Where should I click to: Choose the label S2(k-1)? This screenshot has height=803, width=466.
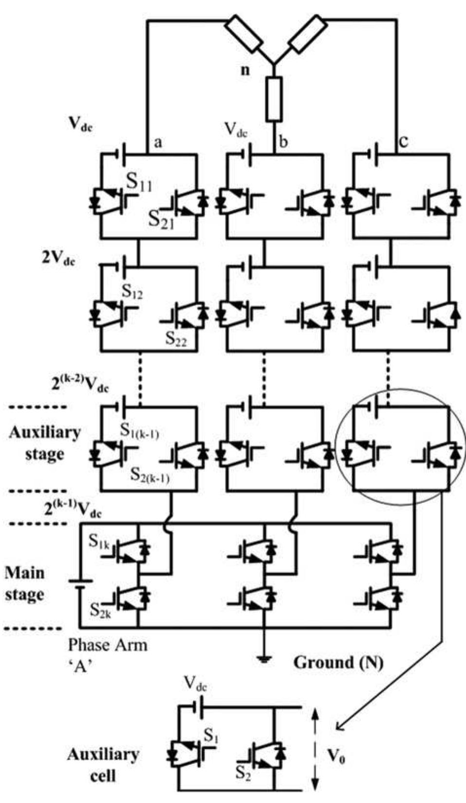pyautogui.click(x=149, y=475)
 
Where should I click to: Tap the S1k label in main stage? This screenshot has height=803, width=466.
pyautogui.click(x=99, y=542)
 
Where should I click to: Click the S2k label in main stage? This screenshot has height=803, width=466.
pyautogui.click(x=100, y=610)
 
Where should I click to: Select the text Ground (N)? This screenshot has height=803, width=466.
pyautogui.click(x=338, y=662)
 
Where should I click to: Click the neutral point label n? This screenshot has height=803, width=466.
pyautogui.click(x=245, y=70)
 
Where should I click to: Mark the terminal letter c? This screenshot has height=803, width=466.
pyautogui.click(x=403, y=141)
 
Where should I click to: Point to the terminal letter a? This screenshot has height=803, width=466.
pyautogui.click(x=158, y=142)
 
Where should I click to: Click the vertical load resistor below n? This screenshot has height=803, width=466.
pyautogui.click(x=273, y=99)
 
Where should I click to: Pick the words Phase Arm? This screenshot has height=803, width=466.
pyautogui.click(x=107, y=645)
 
